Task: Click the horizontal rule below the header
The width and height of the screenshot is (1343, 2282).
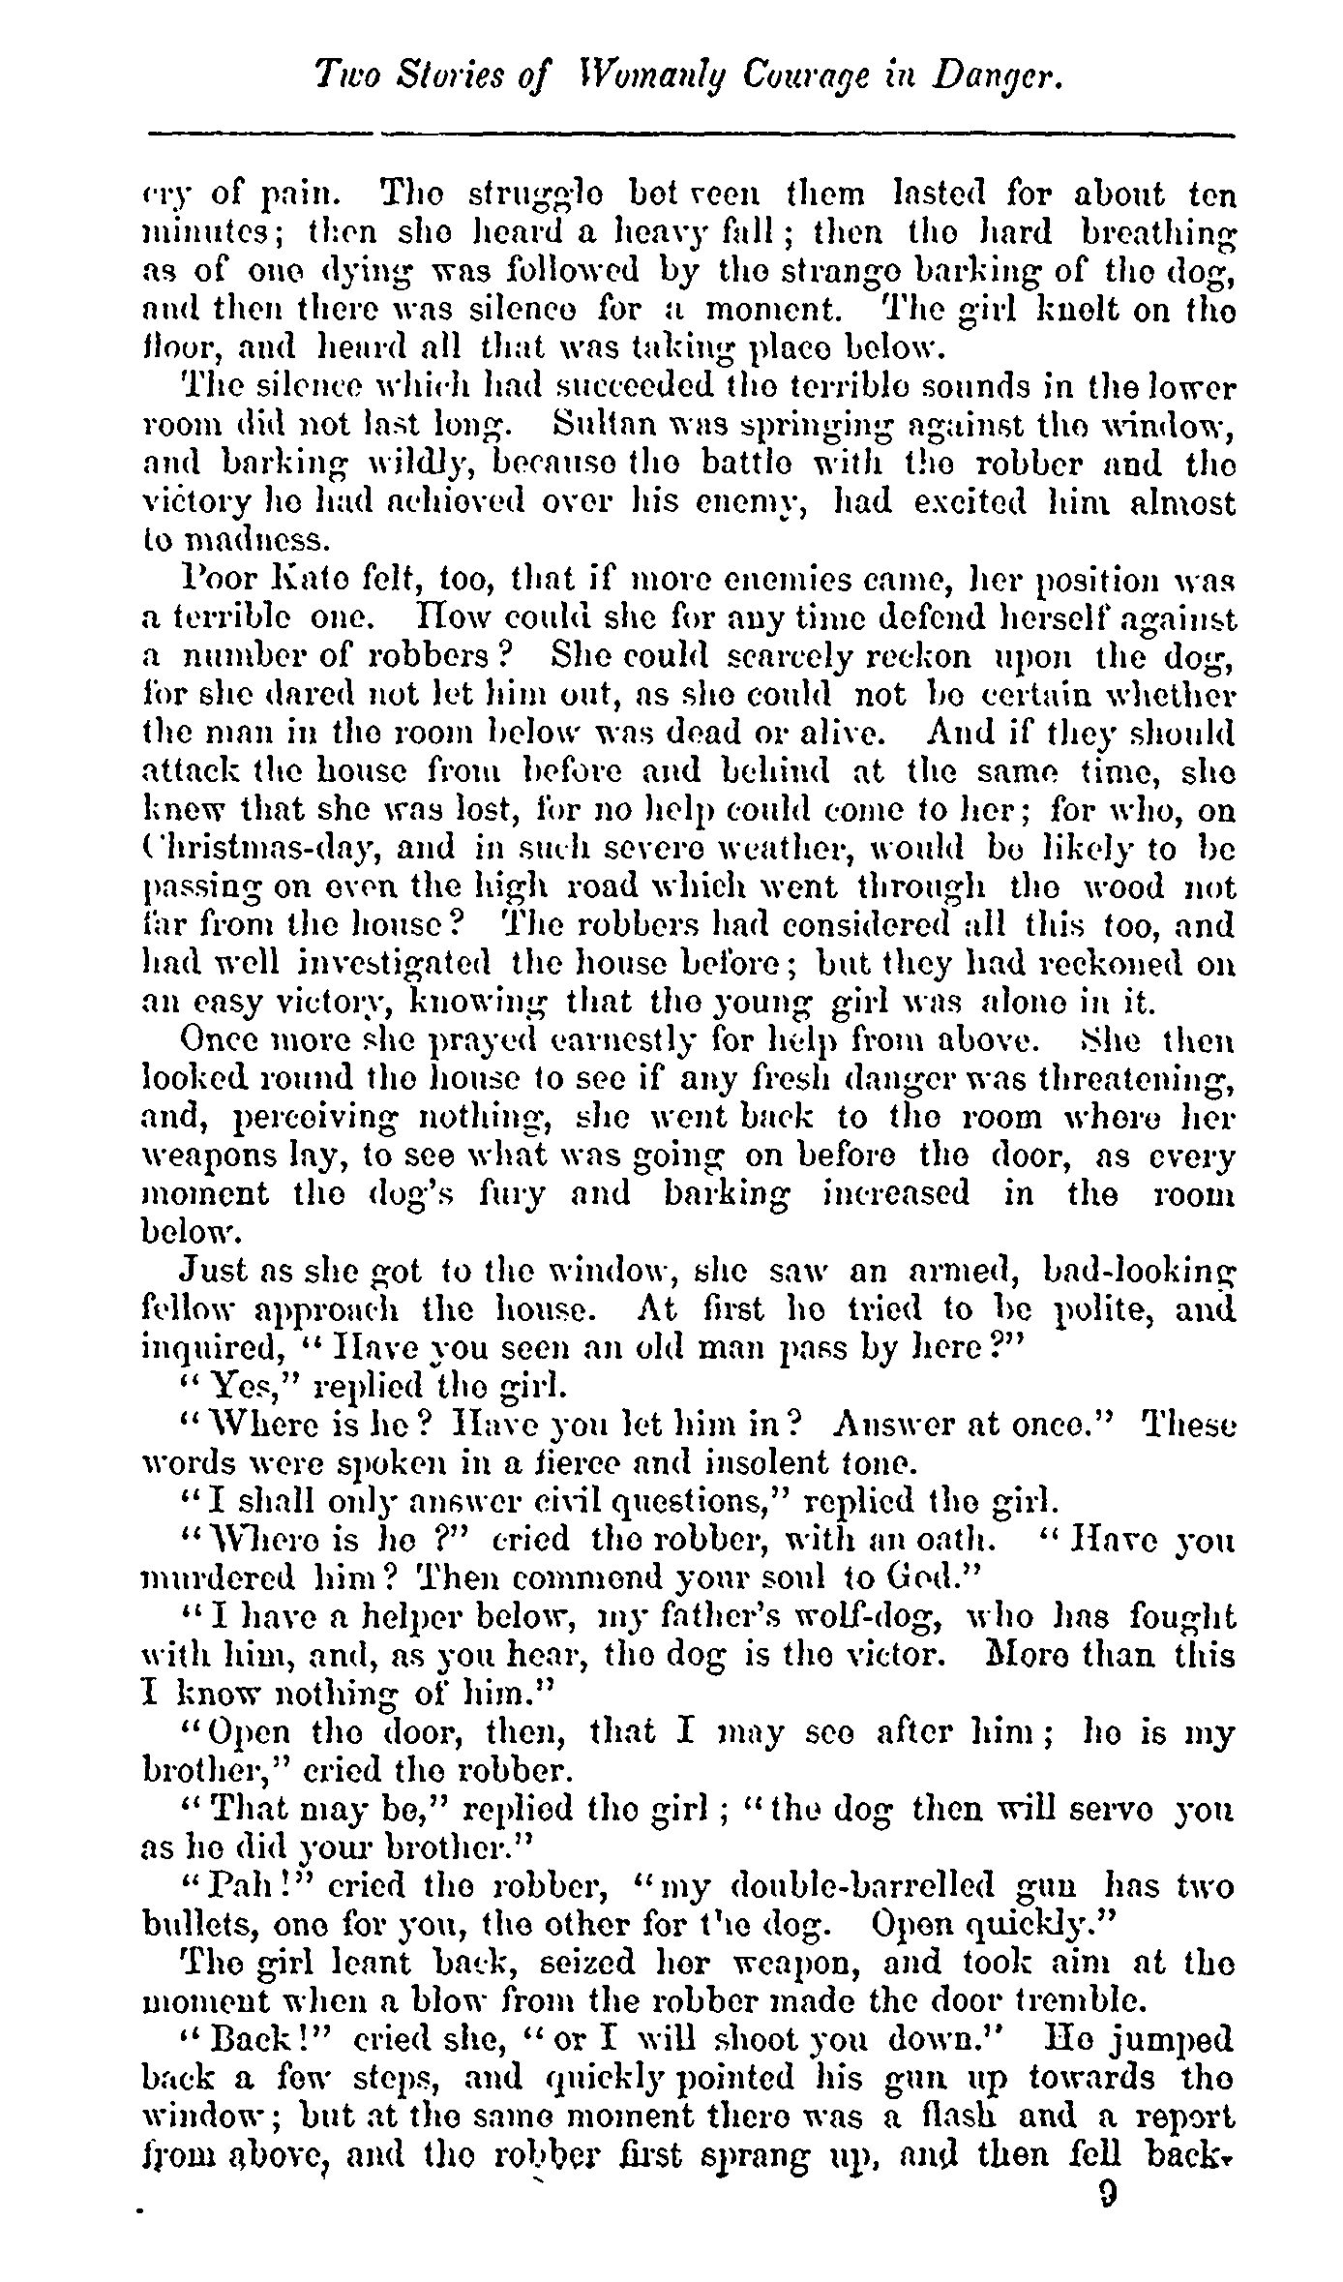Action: (x=692, y=133)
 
